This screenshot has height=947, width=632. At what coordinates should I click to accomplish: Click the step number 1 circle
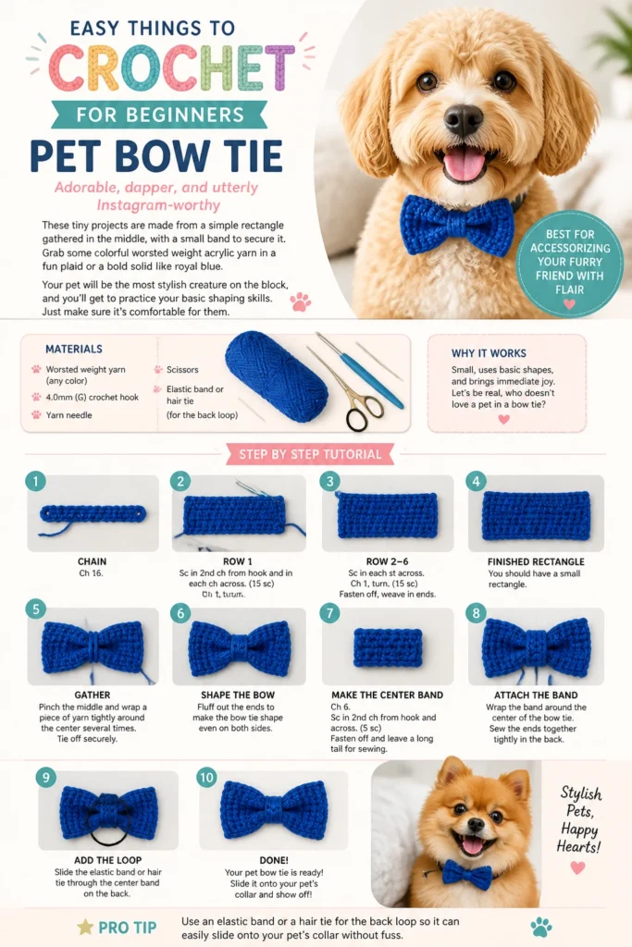click(36, 481)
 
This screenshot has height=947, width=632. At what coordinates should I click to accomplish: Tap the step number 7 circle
click(330, 613)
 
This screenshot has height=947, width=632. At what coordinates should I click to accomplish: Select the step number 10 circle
click(206, 777)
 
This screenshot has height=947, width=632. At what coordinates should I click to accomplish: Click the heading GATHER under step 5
click(93, 695)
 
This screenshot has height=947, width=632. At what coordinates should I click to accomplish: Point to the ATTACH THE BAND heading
click(536, 695)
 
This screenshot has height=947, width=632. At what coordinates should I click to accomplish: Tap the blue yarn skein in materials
click(277, 375)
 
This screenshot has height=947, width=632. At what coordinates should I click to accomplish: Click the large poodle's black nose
click(464, 119)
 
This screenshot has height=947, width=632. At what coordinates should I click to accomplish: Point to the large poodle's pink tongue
click(464, 163)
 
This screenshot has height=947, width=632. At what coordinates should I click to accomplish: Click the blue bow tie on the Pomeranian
click(466, 874)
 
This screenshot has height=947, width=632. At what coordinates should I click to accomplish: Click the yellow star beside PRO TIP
click(85, 927)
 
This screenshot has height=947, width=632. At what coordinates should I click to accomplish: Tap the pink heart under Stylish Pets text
click(578, 867)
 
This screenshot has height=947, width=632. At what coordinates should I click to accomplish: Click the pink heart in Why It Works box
click(504, 419)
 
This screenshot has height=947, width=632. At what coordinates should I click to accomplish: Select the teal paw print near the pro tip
click(540, 927)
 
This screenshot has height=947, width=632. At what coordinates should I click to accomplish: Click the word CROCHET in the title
click(171, 68)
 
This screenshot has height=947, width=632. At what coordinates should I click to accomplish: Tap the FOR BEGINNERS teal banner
click(159, 115)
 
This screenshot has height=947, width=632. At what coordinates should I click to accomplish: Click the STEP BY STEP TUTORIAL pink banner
click(310, 454)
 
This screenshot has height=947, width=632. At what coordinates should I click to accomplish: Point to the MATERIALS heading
click(74, 349)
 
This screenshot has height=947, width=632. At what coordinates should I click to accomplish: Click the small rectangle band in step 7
click(388, 646)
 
